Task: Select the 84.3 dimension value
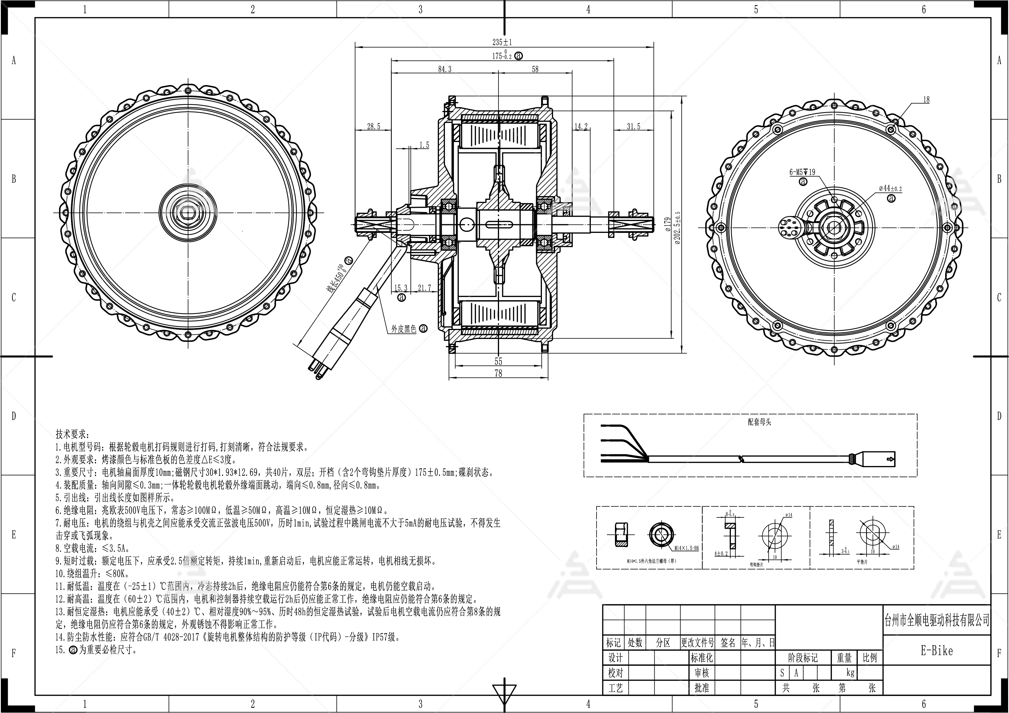point(445,69)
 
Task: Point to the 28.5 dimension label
point(374,126)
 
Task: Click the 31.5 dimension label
point(633,126)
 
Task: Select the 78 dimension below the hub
point(498,373)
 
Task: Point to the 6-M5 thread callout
point(802,172)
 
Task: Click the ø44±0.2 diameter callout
point(890,189)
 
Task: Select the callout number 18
point(926,100)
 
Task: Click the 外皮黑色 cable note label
point(404,329)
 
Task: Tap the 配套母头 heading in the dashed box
point(759,422)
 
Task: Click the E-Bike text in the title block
point(937,651)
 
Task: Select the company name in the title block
point(937,620)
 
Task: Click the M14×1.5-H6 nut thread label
point(687,548)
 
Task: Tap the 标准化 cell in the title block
point(702,658)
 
